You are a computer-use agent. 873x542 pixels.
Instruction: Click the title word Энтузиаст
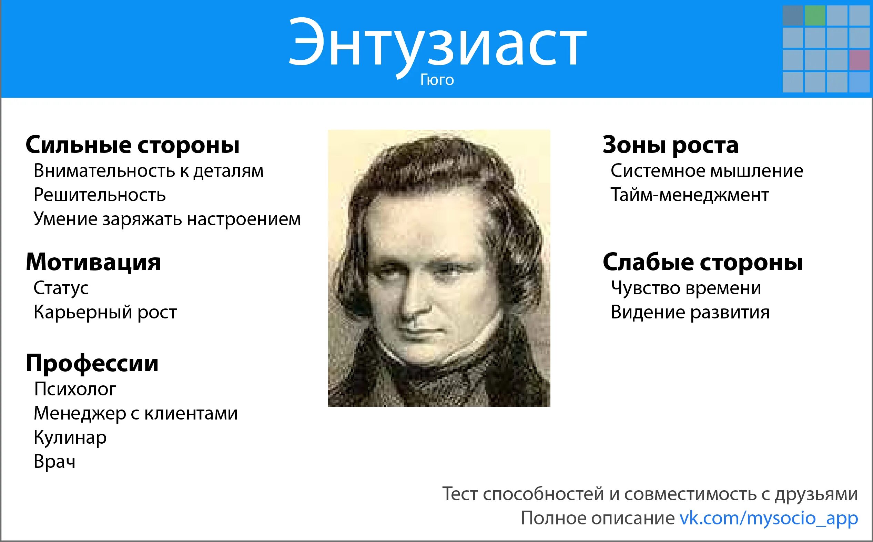pos(437,43)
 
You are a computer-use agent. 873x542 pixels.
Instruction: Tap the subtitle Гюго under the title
pos(437,80)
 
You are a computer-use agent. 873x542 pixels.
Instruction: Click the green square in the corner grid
pos(815,16)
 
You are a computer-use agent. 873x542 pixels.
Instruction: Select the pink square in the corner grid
pos(859,60)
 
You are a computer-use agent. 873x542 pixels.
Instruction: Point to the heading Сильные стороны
pos(132,145)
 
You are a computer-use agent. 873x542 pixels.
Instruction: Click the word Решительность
pos(100,195)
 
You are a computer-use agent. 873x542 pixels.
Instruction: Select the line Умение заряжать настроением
pos(167,219)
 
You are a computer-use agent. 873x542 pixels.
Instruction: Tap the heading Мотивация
pos(93,262)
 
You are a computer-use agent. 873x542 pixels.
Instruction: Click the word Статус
pos(61,288)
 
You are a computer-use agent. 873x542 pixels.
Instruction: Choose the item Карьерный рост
pos(105,312)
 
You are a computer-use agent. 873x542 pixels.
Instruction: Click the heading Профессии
pos(92,363)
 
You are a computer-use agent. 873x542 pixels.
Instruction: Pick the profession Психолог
pos(75,389)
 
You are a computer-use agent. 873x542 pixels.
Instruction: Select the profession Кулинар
pos(70,437)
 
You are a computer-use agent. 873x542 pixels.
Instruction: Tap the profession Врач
pos(54,461)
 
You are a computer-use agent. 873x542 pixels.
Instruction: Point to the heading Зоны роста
pos(670,145)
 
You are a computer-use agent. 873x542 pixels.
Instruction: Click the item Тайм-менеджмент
pos(690,195)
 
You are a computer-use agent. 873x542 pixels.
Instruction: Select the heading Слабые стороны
pos(702,262)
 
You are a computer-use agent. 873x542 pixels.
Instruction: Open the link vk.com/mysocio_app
pos(769,518)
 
